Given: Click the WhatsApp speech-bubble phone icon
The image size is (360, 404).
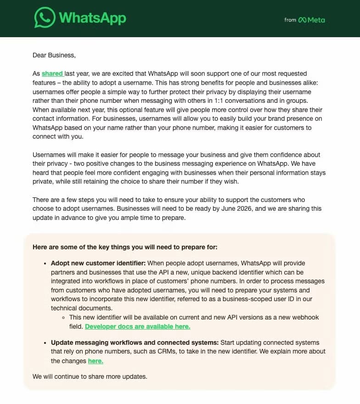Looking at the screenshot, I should click(x=45, y=18).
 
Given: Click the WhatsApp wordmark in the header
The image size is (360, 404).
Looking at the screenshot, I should click(x=92, y=18).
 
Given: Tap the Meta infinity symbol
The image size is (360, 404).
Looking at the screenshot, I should click(x=302, y=20).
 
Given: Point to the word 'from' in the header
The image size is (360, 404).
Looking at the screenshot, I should click(x=290, y=20).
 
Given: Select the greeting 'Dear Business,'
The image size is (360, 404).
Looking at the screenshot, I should click(x=54, y=55).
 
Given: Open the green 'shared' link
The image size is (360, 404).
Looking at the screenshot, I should click(x=51, y=73).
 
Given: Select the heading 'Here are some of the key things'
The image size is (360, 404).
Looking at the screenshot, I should click(x=125, y=247).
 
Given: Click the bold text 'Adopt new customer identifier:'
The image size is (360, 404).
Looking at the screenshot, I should click(x=98, y=263).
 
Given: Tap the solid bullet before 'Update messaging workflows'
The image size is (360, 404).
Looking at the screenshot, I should click(x=45, y=343).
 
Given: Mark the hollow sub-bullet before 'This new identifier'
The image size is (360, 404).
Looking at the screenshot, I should click(x=64, y=318).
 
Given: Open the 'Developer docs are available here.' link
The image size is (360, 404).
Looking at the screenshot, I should click(x=137, y=326).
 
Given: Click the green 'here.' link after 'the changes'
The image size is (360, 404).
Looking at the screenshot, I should click(x=96, y=361).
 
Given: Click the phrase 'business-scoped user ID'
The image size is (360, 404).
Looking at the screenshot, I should click(x=260, y=299).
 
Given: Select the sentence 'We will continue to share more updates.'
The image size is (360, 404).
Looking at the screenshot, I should click(x=90, y=376).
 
